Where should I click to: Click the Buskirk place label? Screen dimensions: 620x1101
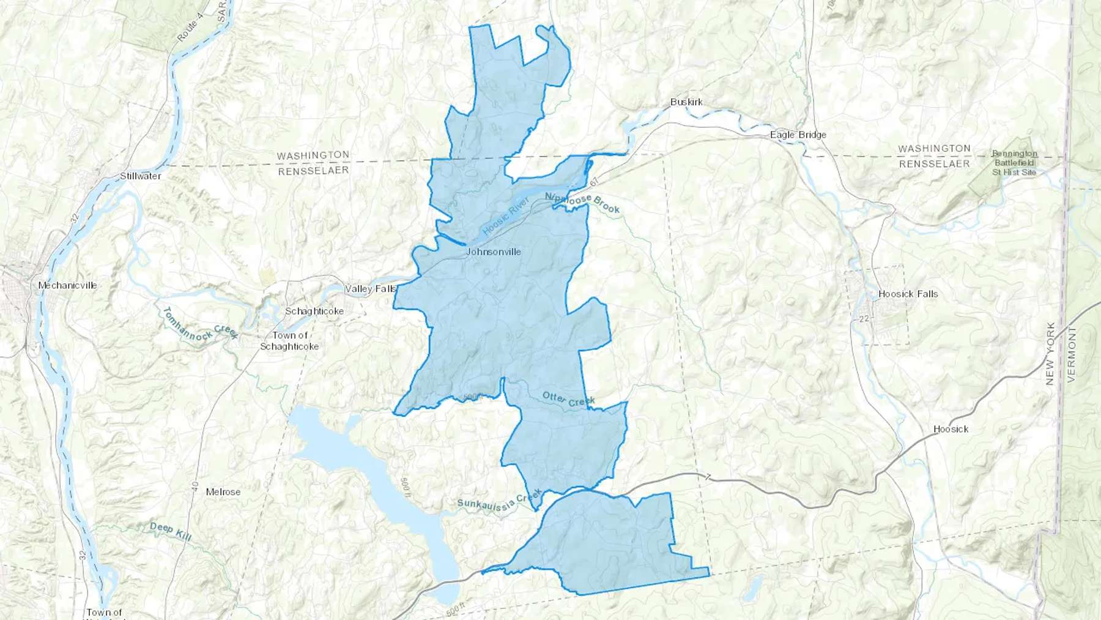click(686, 102)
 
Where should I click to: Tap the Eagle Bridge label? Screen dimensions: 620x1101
click(798, 135)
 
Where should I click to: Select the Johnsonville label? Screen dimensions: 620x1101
click(493, 252)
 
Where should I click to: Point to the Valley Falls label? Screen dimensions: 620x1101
click(371, 289)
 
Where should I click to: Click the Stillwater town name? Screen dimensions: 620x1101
click(140, 176)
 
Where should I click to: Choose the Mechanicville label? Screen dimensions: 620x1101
click(67, 285)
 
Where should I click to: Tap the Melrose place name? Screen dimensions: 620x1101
click(223, 492)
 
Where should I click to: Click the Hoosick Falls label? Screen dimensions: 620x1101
click(908, 294)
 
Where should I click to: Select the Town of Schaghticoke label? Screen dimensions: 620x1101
click(289, 341)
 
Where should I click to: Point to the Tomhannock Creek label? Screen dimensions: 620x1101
click(199, 324)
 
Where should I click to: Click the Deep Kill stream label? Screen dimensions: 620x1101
click(171, 531)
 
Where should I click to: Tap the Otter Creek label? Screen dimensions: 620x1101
click(569, 400)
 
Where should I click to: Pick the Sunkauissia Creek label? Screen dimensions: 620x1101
click(499, 500)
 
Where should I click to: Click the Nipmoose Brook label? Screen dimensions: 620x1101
click(582, 203)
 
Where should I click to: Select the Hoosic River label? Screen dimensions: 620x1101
click(506, 216)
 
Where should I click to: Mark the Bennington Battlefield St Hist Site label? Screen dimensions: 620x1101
click(1014, 163)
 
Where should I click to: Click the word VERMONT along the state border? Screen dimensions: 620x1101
click(1071, 354)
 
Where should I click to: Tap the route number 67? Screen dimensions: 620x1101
click(593, 182)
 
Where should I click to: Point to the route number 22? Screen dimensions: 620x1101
click(864, 319)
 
